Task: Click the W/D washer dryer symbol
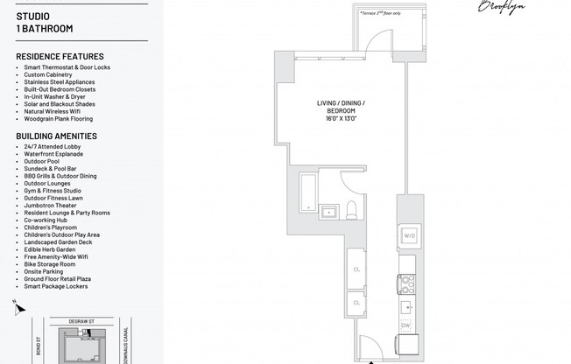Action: (409, 235)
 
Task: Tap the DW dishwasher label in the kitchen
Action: (405, 325)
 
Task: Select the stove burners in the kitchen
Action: (406, 283)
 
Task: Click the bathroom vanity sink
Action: (330, 211)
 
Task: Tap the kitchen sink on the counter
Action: (407, 306)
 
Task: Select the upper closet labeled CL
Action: (357, 269)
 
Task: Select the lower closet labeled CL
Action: (357, 303)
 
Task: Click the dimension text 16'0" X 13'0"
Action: (341, 118)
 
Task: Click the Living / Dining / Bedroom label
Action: (341, 107)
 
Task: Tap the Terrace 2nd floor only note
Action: (379, 13)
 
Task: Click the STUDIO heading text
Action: (32, 17)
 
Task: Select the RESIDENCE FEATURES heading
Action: (60, 57)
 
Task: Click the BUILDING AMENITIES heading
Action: (56, 136)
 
